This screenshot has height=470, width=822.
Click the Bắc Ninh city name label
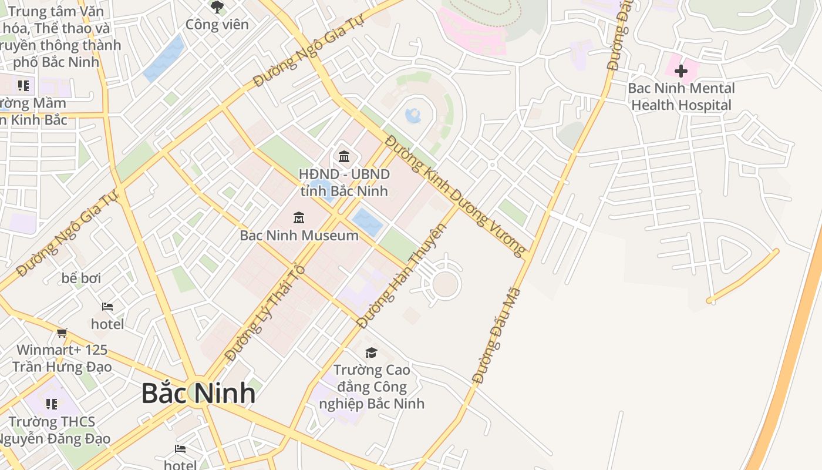click(x=198, y=393)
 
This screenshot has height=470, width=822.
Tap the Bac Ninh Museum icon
click(x=299, y=218)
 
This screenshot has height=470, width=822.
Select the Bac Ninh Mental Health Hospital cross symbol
click(x=681, y=71)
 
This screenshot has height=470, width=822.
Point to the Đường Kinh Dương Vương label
click(x=456, y=196)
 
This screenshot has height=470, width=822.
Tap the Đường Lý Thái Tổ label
click(x=265, y=313)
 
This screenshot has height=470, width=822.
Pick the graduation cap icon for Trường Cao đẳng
click(x=371, y=352)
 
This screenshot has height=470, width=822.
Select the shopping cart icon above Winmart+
click(x=62, y=333)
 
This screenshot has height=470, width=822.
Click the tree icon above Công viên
click(x=217, y=7)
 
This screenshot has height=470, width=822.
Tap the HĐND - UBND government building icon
click(x=344, y=157)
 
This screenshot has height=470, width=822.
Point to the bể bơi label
click(x=82, y=278)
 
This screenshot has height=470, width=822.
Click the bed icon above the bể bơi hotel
click(x=107, y=307)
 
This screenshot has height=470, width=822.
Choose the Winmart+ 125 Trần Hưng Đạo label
click(x=62, y=358)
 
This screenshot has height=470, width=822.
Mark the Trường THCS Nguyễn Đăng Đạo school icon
click(x=52, y=404)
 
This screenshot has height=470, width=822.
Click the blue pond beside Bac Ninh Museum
click(x=368, y=222)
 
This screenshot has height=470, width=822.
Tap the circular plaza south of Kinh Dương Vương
click(x=445, y=284)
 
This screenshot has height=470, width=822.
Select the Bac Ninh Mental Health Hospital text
click(x=681, y=97)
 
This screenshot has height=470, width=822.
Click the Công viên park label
click(x=217, y=25)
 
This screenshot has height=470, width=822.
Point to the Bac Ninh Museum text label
click(x=299, y=236)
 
